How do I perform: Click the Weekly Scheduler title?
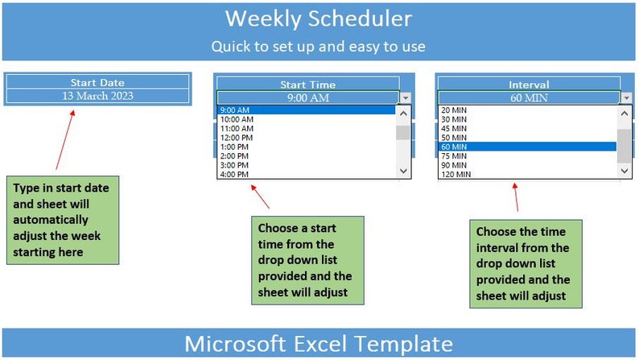(319, 19)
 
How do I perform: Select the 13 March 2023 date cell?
(97, 95)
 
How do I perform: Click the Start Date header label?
(97, 82)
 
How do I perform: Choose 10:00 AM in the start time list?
(237, 119)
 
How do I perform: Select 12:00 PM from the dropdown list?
(237, 138)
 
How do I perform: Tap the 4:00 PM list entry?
(234, 174)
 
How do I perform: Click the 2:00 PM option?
(234, 155)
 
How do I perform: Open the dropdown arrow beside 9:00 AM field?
(405, 97)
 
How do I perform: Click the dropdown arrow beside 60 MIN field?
(626, 97)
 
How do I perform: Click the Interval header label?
(529, 85)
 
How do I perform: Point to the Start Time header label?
(307, 85)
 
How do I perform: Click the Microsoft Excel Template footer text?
(319, 343)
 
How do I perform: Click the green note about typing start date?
(63, 219)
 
